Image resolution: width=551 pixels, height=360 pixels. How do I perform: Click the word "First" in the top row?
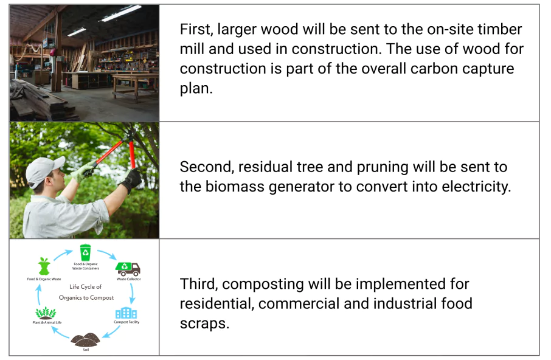(x=196, y=30)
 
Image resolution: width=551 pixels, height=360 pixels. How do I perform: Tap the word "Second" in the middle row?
(x=207, y=167)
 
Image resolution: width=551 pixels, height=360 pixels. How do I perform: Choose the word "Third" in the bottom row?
(x=199, y=284)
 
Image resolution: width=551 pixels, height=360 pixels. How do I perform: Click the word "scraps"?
(x=204, y=324)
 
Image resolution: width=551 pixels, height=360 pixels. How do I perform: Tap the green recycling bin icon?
(x=85, y=252)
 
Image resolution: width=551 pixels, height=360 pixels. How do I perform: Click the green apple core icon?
(x=44, y=266)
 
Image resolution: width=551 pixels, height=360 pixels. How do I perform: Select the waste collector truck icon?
(x=128, y=269)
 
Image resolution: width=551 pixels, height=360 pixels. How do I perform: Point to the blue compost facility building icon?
(x=126, y=313)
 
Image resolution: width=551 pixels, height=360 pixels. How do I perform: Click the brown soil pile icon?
(x=85, y=340)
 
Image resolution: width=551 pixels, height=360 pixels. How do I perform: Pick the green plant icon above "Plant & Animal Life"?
(x=46, y=313)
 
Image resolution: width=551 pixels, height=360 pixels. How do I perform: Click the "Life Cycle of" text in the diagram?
(x=85, y=286)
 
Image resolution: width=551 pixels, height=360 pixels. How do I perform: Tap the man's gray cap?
(x=44, y=170)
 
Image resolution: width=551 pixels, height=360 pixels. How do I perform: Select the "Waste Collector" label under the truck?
(x=128, y=279)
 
